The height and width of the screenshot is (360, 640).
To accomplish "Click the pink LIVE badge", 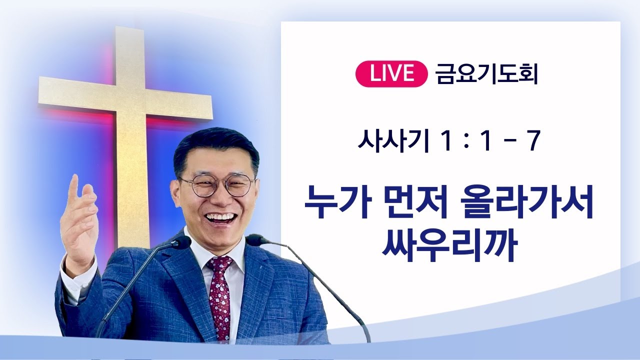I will tap(392, 74).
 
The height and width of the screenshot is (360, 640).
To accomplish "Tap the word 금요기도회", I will tap(486, 74).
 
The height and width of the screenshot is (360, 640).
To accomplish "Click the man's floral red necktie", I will tap(219, 295).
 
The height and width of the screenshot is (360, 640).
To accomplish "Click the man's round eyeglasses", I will tap(217, 185).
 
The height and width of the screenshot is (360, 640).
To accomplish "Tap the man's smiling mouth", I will tap(220, 218).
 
